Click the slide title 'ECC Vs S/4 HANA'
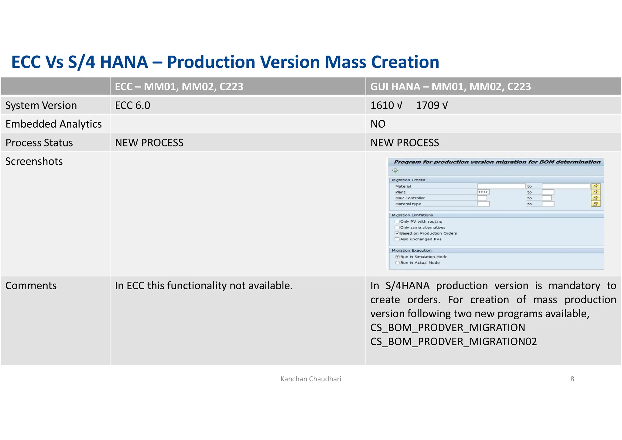(x=225, y=62)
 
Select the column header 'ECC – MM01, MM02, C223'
(x=179, y=87)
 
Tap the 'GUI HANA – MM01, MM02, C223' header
(x=450, y=87)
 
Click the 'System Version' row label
(x=41, y=105)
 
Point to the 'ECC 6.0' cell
(x=132, y=105)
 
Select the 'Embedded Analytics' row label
(x=53, y=124)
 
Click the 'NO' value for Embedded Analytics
(x=378, y=124)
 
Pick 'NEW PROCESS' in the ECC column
(x=149, y=143)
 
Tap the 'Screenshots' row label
(x=34, y=161)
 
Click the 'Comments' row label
(x=31, y=286)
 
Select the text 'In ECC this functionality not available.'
(x=203, y=286)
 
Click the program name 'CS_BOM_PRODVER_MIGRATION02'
(x=453, y=342)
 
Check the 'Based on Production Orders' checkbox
(x=397, y=233)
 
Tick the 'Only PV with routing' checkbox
(x=397, y=222)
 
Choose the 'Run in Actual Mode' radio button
(x=397, y=263)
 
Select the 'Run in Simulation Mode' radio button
(x=397, y=257)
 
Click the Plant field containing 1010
(x=483, y=192)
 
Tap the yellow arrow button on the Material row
(x=596, y=186)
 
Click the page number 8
(x=572, y=379)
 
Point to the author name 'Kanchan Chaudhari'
(x=311, y=379)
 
